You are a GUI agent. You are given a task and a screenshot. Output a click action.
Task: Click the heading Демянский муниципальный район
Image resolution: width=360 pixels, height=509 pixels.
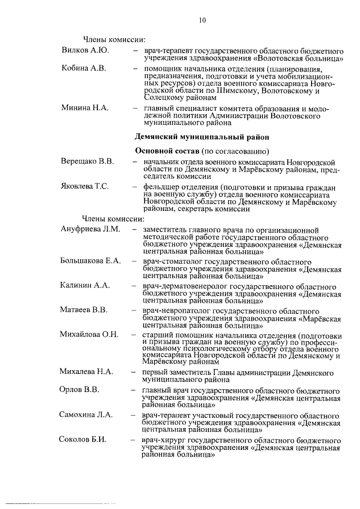(198, 136)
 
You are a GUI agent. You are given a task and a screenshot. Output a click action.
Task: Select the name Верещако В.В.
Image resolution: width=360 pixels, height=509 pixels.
(88, 161)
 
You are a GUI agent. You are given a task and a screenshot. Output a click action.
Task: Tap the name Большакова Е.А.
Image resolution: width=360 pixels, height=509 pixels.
(91, 261)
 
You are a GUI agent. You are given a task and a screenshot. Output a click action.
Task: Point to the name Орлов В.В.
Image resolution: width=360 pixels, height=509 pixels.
(79, 390)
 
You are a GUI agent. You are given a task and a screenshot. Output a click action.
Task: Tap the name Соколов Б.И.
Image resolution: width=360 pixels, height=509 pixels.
(83, 439)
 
